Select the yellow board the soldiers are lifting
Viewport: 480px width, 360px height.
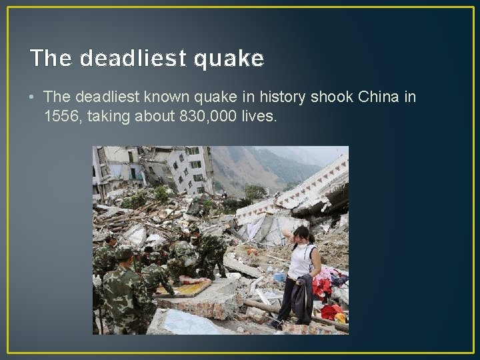(180, 287)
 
